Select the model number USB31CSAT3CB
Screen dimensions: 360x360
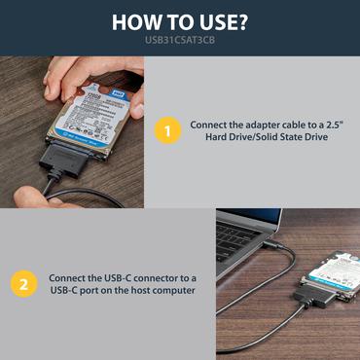point(180,41)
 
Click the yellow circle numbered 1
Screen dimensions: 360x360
point(168,131)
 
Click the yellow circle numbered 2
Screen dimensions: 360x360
point(22,284)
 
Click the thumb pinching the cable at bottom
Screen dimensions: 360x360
point(34,193)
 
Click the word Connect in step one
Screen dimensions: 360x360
point(209,125)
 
